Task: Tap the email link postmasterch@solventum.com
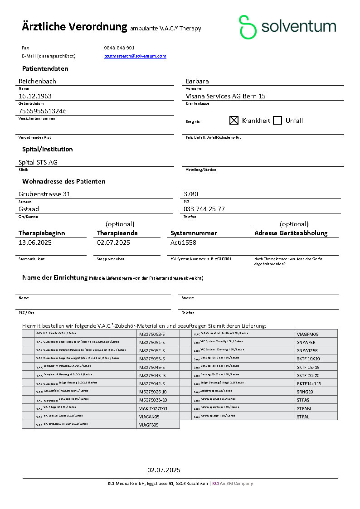coord(135,56)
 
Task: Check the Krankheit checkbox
coord(234,121)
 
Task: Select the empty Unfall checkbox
coord(277,121)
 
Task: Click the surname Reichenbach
coord(37,81)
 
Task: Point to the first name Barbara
coord(197,81)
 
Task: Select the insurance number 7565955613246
coord(43,111)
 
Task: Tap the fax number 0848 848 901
coord(119,48)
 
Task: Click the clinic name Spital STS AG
coord(38,162)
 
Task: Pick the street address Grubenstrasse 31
coord(44,194)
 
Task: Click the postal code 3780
coord(190,194)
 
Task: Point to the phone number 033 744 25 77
coord(204,209)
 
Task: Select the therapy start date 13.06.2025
coord(35,242)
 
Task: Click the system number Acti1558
coord(183,242)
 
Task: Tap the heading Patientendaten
coord(45,68)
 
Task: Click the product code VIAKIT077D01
coord(153,408)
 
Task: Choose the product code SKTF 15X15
coord(308,367)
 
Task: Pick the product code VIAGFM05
coord(308,334)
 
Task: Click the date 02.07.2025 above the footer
coord(164,470)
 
